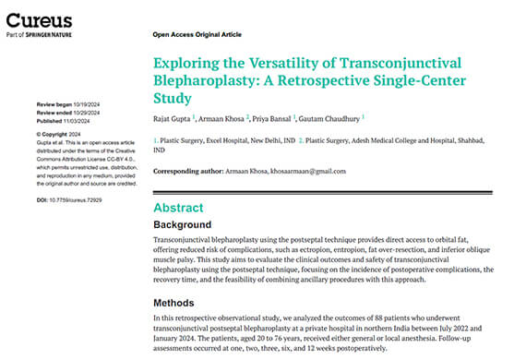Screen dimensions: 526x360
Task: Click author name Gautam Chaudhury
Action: [x=331, y=117]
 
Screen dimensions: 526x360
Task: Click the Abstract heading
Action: [x=179, y=208]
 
